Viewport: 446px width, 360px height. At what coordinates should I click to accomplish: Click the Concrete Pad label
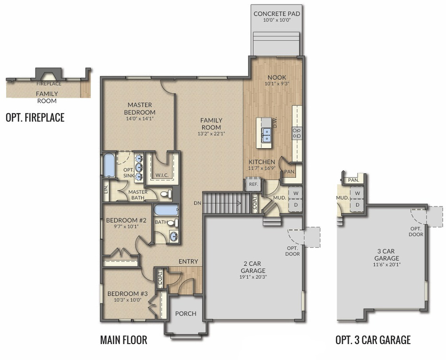[x=277, y=14]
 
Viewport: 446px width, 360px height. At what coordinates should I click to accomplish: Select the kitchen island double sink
[x=266, y=135]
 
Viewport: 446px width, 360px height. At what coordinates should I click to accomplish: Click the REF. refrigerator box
[x=253, y=184]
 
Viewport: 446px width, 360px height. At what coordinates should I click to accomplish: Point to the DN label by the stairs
[x=197, y=203]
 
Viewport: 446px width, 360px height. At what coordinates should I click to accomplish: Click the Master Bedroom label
[x=140, y=108]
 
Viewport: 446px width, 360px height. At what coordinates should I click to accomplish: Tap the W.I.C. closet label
[x=162, y=175]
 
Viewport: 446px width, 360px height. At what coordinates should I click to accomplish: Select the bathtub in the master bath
[x=109, y=165]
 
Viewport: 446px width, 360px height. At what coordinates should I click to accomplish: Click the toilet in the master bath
[x=166, y=194]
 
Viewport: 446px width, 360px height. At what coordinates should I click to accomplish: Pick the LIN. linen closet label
[x=106, y=189]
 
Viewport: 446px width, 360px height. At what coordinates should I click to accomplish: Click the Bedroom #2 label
[x=126, y=220]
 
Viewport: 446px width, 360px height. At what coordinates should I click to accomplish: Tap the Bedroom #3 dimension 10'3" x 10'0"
[x=128, y=300]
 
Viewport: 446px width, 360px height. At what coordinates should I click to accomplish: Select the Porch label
[x=185, y=314]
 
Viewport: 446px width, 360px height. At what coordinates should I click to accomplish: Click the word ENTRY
[x=188, y=261]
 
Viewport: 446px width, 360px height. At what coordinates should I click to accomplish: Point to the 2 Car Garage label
[x=253, y=267]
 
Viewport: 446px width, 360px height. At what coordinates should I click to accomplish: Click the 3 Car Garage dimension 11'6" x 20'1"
[x=386, y=264]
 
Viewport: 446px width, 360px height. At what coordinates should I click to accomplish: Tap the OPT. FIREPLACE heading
[x=35, y=118]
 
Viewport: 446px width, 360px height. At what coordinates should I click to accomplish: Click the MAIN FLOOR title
[x=124, y=340]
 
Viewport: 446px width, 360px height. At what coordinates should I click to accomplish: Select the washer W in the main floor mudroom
[x=296, y=194]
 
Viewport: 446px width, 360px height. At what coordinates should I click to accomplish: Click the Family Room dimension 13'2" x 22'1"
[x=211, y=134]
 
